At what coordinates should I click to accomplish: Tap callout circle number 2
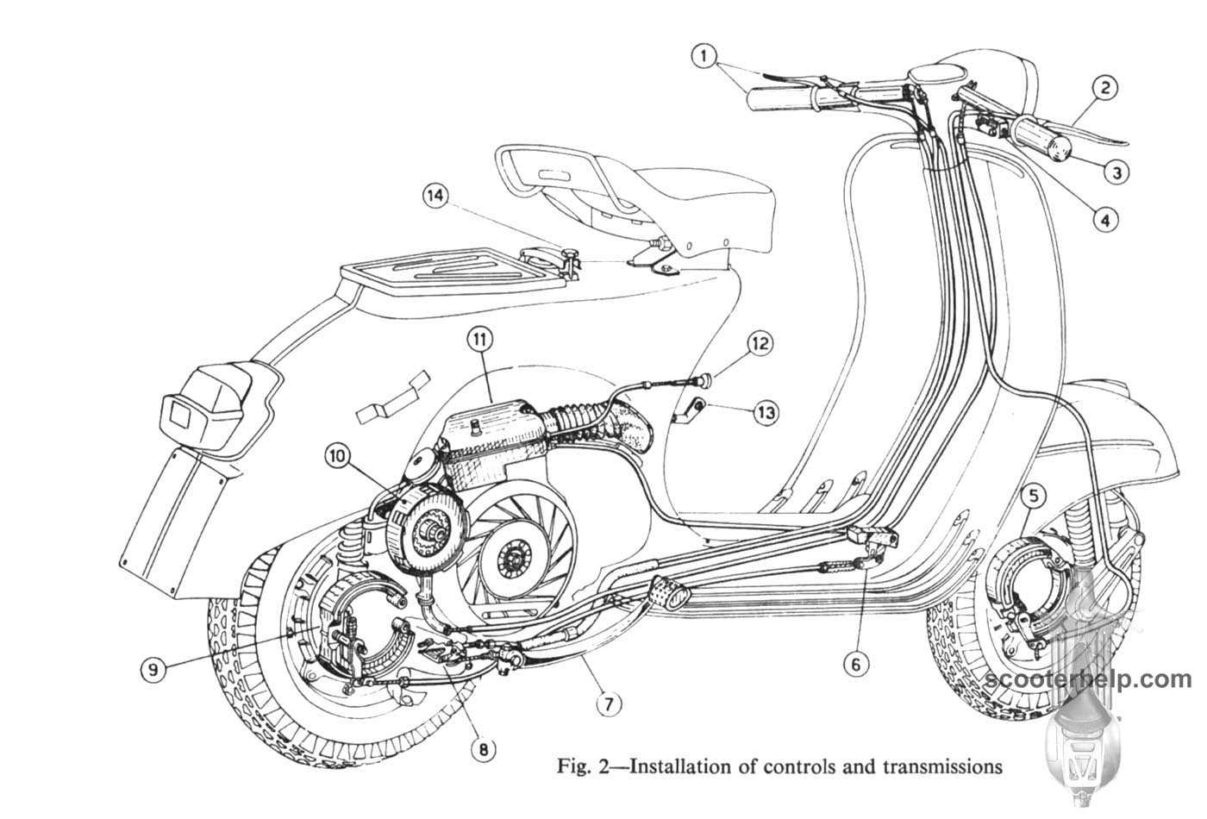pos(1104,86)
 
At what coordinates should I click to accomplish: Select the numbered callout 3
pos(1116,172)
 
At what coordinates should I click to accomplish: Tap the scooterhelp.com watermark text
pos(1093,679)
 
